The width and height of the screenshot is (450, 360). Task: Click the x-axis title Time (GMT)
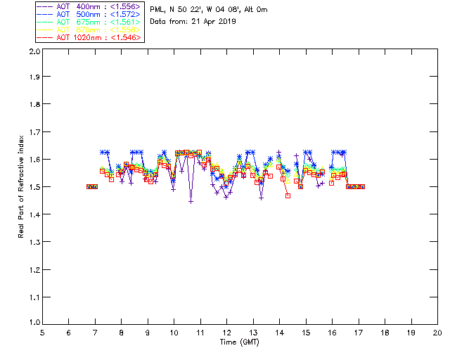pos(239,342)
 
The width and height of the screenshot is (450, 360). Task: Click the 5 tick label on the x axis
pos(42,333)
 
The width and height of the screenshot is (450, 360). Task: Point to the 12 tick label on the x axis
pos(226,333)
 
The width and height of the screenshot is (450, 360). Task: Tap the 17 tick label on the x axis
pos(358,333)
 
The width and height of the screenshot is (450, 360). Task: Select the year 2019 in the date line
pos(226,22)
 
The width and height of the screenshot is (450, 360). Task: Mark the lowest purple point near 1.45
pos(191,201)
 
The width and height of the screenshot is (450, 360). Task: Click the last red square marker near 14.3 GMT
pos(288,195)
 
